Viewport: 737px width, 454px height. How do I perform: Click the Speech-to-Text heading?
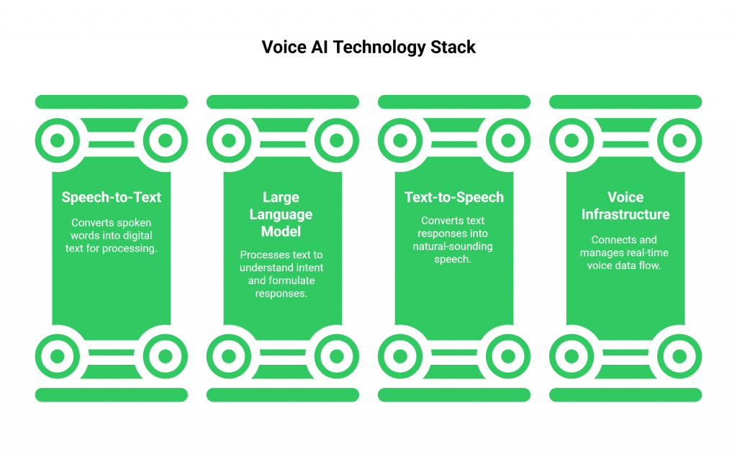(111, 197)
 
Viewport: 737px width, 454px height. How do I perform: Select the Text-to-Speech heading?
(453, 197)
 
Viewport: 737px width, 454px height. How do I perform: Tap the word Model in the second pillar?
(282, 232)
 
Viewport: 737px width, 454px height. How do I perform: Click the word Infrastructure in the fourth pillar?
(625, 214)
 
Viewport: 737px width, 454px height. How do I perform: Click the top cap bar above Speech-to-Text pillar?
(111, 101)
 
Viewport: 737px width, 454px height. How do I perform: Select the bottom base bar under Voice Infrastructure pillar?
(625, 395)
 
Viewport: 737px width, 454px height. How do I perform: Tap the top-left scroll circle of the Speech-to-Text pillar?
(57, 140)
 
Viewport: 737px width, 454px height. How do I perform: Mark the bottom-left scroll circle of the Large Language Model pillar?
(228, 355)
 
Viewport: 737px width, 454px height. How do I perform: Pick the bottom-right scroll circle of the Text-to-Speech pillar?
(508, 355)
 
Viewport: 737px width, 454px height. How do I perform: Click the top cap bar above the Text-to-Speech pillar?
(453, 101)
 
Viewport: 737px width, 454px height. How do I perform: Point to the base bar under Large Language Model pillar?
(282, 395)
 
